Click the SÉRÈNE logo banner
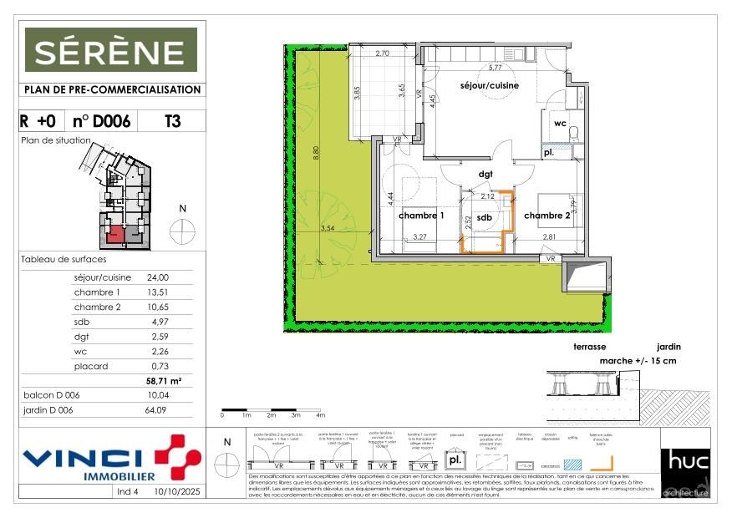pos(110,51)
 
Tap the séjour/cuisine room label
pos(489,85)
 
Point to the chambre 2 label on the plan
pos(547,216)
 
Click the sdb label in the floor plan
pos(484,216)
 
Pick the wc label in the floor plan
pos(559,123)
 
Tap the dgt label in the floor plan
pos(485,174)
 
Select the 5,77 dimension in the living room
pos(495,68)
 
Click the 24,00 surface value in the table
pos(158,277)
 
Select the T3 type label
pos(171,121)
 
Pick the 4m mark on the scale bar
pos(320,415)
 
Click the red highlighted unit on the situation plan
pos(115,234)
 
